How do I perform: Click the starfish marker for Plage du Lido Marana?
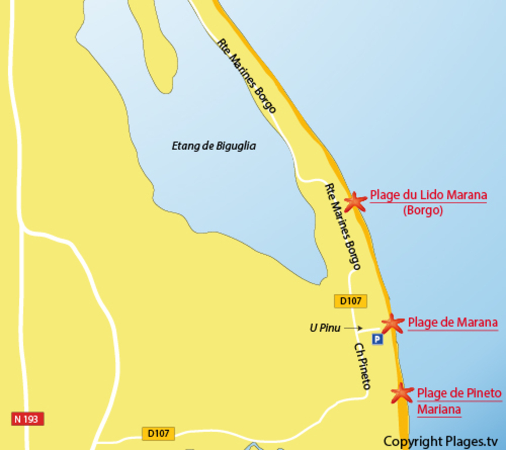tap(355, 202)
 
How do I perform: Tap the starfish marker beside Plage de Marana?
tap(392, 323)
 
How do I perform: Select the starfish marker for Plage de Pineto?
tap(402, 393)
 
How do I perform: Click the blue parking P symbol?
tap(377, 339)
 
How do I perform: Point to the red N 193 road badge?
tap(28, 419)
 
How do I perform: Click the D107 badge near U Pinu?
tap(351, 301)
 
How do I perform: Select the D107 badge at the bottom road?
tap(158, 434)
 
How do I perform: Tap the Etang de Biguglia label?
tap(213, 146)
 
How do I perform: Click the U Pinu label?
tap(325, 328)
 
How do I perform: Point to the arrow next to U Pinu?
tap(354, 328)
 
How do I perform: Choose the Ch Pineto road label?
tap(363, 366)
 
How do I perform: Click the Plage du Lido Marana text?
tap(428, 195)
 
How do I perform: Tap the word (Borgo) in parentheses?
tap(422, 210)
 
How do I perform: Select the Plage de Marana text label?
tap(452, 322)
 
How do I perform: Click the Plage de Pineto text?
tap(459, 393)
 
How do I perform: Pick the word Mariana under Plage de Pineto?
tap(439, 409)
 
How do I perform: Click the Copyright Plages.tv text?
tap(440, 441)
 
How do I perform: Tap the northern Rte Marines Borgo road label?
tap(246, 76)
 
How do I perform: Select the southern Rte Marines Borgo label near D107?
tap(342, 226)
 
